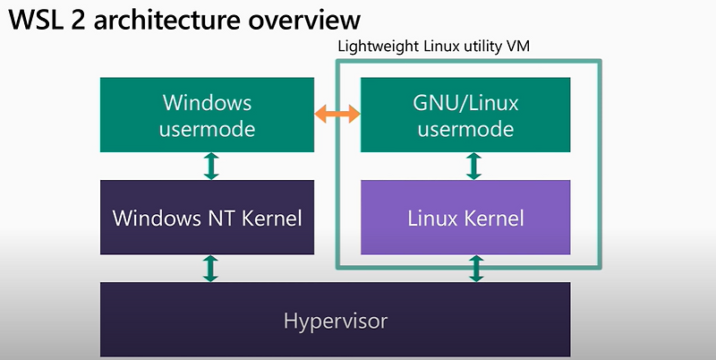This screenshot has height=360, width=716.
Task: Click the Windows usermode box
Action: pyautogui.click(x=207, y=115)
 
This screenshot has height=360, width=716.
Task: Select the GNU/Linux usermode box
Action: pyautogui.click(x=465, y=115)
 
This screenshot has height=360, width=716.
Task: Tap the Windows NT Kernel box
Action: pyautogui.click(x=207, y=218)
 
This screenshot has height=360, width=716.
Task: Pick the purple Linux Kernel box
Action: pyautogui.click(x=465, y=218)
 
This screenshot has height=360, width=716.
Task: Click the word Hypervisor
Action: pyautogui.click(x=335, y=320)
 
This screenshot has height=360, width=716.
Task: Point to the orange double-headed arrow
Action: pyautogui.click(x=337, y=115)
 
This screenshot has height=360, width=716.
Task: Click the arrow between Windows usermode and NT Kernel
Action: pyautogui.click(x=211, y=166)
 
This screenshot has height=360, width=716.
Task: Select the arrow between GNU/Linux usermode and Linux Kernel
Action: pyautogui.click(x=474, y=166)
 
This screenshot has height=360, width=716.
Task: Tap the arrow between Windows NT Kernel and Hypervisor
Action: pyautogui.click(x=211, y=268)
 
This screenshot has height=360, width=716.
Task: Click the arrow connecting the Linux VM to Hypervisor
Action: pyautogui.click(x=474, y=268)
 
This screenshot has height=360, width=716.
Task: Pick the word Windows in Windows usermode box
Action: pyautogui.click(x=207, y=102)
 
